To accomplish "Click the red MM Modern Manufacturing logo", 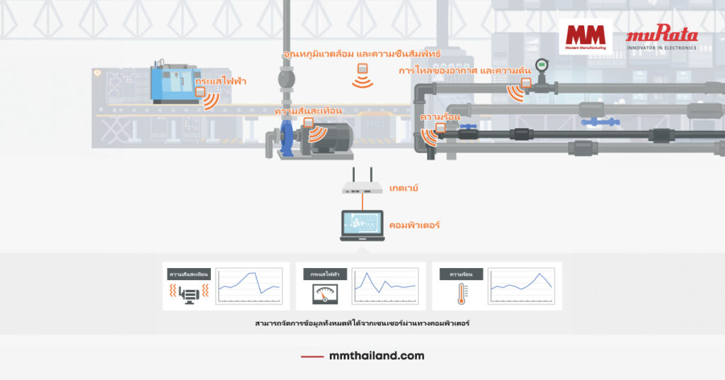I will coord(586,36).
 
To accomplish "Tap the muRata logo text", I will coord(661,35).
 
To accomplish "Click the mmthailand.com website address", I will coord(377,356).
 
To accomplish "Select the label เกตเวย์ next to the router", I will coord(404,188).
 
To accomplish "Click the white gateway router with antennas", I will coord(362,186).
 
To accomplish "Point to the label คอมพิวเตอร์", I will coord(415,225).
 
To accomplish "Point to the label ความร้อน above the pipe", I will coord(440,116).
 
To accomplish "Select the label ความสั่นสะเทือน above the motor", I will coord(308,111).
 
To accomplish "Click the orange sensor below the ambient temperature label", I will coord(362,69).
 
